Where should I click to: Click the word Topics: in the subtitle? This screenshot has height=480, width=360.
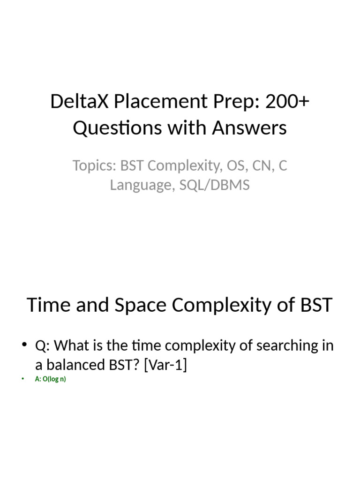94,165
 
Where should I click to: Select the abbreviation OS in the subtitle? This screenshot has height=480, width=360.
233,165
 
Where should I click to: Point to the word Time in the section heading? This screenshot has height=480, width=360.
48,305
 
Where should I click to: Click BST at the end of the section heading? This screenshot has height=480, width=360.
315,305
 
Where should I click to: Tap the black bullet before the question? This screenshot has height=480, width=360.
25,346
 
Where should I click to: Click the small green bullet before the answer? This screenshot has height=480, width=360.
22,379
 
